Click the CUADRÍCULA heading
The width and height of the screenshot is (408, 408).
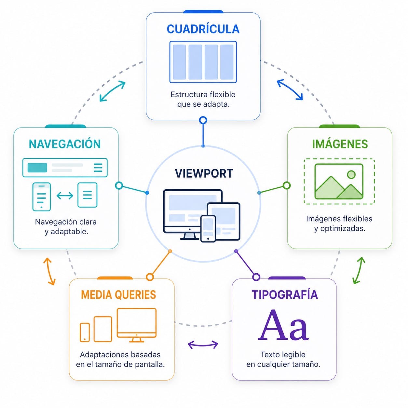(203, 29)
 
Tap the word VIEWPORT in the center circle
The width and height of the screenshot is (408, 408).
(204, 173)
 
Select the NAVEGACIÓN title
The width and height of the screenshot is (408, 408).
(64, 144)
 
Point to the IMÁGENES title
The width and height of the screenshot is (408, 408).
(340, 144)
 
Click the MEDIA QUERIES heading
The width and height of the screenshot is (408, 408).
(118, 294)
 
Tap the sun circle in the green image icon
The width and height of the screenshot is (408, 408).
(351, 174)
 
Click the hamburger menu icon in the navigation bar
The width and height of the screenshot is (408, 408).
(98, 168)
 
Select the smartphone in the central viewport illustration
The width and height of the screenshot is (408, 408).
(208, 229)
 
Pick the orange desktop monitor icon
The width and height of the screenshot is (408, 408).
(137, 325)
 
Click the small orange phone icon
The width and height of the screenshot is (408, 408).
(85, 332)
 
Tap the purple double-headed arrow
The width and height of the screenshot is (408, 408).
(203, 345)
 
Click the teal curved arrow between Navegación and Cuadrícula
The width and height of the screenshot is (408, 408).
(112, 91)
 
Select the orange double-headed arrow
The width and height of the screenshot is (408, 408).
(50, 271)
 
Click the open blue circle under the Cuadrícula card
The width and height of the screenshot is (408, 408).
(203, 120)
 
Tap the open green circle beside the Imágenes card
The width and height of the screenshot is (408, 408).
(286, 185)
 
